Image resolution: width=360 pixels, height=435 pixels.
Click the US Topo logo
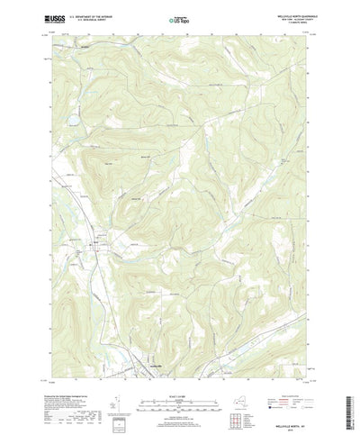coord(178,17)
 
